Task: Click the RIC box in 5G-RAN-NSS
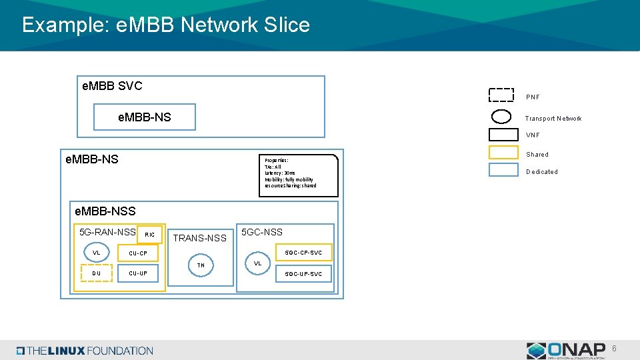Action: click(x=149, y=234)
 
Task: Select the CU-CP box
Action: click(x=138, y=253)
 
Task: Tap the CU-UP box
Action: click(x=138, y=273)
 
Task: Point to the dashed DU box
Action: click(x=97, y=273)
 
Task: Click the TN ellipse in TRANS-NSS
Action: click(x=201, y=265)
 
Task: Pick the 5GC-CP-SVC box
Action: click(x=303, y=253)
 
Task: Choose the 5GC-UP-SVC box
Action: click(x=303, y=273)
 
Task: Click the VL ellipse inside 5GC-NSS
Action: click(x=257, y=263)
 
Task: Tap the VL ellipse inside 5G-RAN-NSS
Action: click(x=97, y=253)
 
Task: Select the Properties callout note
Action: click(x=298, y=175)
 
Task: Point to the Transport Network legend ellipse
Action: click(x=501, y=117)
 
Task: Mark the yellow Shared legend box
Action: click(x=503, y=153)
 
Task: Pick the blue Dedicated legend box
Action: click(x=503, y=170)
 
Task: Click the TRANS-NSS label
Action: click(x=200, y=238)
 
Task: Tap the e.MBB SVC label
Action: click(x=111, y=86)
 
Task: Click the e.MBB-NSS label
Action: click(x=105, y=211)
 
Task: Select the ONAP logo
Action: click(x=566, y=350)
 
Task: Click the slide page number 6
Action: click(x=615, y=348)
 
